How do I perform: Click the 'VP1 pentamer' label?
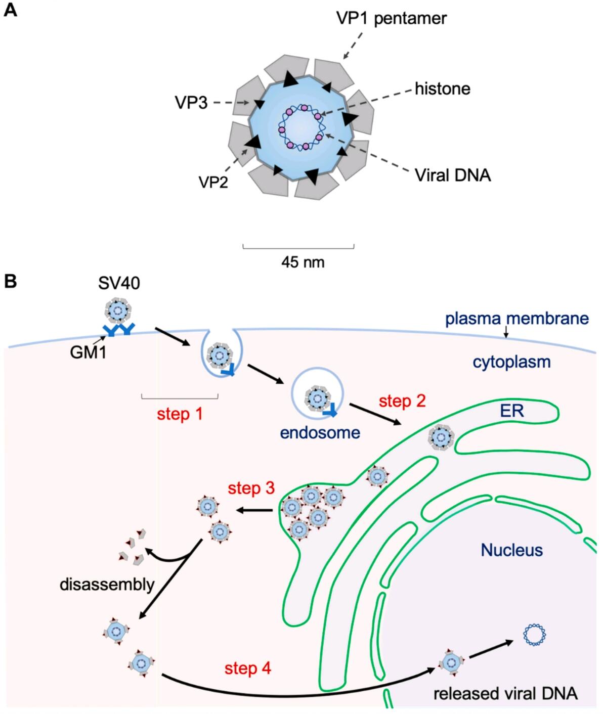tap(391, 19)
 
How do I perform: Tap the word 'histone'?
tap(442, 89)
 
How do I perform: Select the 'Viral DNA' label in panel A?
tap(452, 175)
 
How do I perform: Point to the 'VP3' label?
tap(192, 103)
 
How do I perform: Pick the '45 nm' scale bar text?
tap(303, 262)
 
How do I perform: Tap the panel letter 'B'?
tap(10, 281)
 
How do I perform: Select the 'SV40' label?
tap(119, 284)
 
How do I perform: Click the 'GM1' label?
tap(88, 351)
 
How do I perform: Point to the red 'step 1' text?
tap(180, 414)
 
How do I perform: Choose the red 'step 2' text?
tap(403, 401)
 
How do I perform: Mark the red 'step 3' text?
tap(251, 488)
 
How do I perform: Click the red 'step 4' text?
tap(248, 668)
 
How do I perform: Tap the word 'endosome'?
tap(320, 432)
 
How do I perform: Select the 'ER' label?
tap(511, 411)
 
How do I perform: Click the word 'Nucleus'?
tap(511, 550)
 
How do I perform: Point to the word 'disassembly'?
tap(107, 585)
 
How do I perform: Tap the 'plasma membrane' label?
tap(516, 319)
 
